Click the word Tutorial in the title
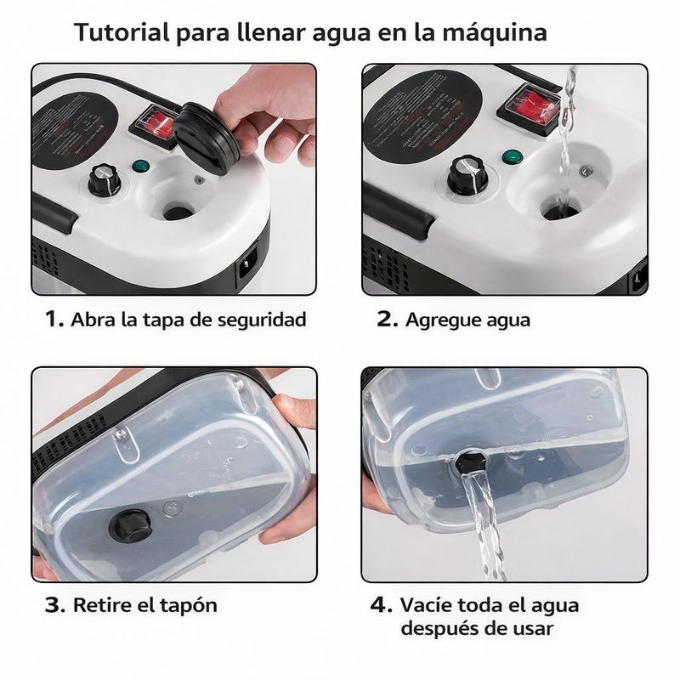coord(122,32)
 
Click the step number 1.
coord(54,320)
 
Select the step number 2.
coord(387,320)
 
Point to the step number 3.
coord(55,605)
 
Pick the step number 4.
coord(381,605)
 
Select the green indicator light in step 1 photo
coord(139,167)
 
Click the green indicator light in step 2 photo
coord(512,157)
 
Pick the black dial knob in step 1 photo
coord(104,179)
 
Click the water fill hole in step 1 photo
coord(178,212)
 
